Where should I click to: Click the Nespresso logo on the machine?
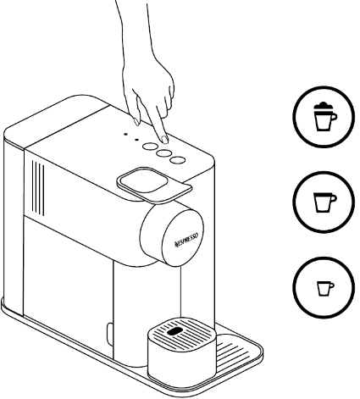pyautogui.click(x=186, y=240)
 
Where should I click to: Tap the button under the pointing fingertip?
pyautogui.click(x=150, y=146)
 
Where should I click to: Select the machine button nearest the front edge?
pyautogui.click(x=178, y=160)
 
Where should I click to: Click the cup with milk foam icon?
pyautogui.click(x=325, y=116)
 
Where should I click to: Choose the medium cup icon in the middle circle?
pyautogui.click(x=325, y=202)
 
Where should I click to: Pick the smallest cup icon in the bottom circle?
pyautogui.click(x=325, y=289)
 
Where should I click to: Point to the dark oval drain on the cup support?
pyautogui.click(x=174, y=331)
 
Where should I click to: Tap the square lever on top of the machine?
pyautogui.click(x=154, y=185)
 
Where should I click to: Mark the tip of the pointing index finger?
pyautogui.click(x=165, y=140)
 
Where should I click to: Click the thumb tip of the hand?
pyautogui.click(x=136, y=122)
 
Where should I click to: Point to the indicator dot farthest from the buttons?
pyautogui.click(x=125, y=134)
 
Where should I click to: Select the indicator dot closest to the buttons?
pyautogui.click(x=136, y=139)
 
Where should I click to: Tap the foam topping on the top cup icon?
pyautogui.click(x=324, y=107)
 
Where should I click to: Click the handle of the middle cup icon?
pyautogui.click(x=333, y=198)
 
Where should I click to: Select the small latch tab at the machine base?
pyautogui.click(x=109, y=335)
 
